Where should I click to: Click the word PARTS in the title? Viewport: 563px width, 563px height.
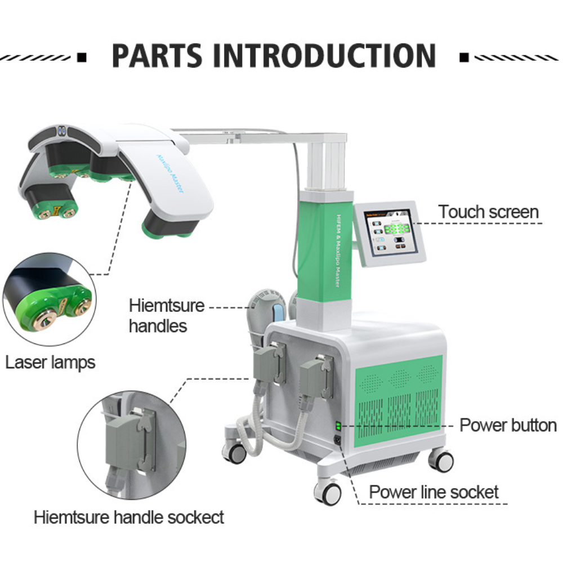[x=158, y=55]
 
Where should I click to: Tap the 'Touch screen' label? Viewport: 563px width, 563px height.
[x=488, y=212]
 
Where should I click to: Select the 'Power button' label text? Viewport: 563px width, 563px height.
[x=508, y=425]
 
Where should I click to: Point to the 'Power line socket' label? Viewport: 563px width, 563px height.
[x=434, y=492]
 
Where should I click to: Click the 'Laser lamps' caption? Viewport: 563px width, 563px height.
[x=50, y=363]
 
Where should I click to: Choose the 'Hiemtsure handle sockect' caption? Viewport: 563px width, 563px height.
[x=129, y=517]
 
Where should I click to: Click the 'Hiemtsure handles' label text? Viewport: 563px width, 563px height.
[x=166, y=316]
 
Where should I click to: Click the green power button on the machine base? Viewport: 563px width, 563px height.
[x=338, y=426]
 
